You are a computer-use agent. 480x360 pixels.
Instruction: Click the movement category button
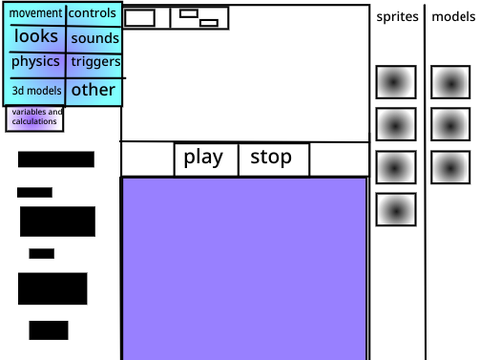pyautogui.click(x=35, y=14)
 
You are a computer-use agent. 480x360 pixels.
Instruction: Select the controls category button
pyautogui.click(x=94, y=14)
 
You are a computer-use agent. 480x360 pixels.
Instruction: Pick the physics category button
pyautogui.click(x=35, y=65)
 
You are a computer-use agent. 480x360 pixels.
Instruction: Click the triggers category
pyautogui.click(x=94, y=66)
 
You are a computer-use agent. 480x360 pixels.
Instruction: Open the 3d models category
pyautogui.click(x=35, y=92)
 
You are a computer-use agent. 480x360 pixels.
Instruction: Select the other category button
pyautogui.click(x=94, y=92)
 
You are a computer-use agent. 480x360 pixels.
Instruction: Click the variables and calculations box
pyautogui.click(x=34, y=119)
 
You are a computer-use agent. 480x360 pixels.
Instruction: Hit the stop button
pyautogui.click(x=274, y=159)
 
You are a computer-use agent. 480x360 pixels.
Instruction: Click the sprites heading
pyautogui.click(x=397, y=17)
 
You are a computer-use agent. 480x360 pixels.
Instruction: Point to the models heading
pyautogui.click(x=453, y=17)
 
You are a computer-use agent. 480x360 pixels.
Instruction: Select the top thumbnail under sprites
pyautogui.click(x=396, y=82)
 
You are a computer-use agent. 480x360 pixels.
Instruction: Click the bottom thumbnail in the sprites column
pyautogui.click(x=396, y=210)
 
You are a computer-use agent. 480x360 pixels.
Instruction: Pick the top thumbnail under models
pyautogui.click(x=450, y=82)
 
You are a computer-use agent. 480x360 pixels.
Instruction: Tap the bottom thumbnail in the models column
pyautogui.click(x=450, y=167)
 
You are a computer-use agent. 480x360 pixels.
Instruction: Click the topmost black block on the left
pyautogui.click(x=56, y=159)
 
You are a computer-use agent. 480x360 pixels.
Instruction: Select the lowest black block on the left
pyautogui.click(x=49, y=330)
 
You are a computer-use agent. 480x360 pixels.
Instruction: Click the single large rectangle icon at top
pyautogui.click(x=140, y=18)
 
